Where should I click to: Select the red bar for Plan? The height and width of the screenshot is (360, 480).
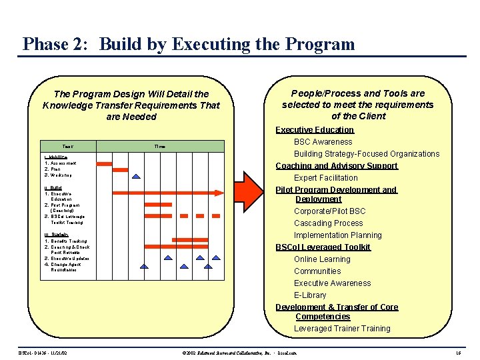pos(120,169)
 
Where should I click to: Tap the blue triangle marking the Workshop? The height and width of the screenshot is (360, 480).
pos(136,176)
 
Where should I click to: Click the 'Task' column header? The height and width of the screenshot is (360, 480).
pos(68,146)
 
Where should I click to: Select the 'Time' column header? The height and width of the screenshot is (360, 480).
pos(160,146)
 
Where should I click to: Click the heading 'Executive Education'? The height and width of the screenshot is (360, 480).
pos(315,130)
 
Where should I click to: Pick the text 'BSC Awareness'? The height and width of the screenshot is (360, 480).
pos(323,142)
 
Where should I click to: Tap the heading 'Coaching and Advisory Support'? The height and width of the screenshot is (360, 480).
pos(337,166)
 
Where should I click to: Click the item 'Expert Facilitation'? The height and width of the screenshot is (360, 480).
pos(326,178)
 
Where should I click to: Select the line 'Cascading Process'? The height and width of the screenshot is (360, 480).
pos(329,223)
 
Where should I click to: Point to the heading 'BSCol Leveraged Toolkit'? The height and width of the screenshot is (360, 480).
pos(323,247)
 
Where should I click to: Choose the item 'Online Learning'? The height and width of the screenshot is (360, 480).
pos(322,259)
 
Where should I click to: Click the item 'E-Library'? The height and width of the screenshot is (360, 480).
pos(310,295)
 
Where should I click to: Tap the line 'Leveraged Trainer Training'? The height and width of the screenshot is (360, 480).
pos(342,329)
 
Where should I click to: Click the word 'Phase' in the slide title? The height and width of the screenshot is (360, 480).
pos(45,45)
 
